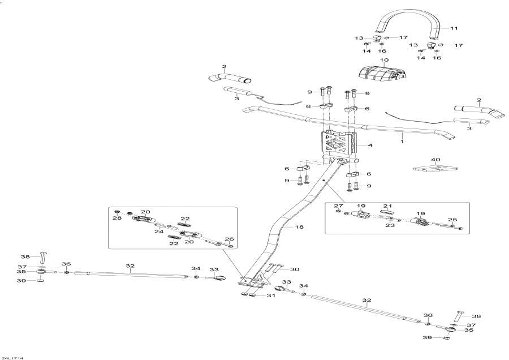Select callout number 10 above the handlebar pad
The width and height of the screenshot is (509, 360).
pos(384,60)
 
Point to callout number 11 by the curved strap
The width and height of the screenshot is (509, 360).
pos(453,27)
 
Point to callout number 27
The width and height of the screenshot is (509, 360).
pos(338,205)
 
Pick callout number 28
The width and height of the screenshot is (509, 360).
pos(117,218)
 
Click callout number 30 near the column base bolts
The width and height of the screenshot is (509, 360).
pos(295,269)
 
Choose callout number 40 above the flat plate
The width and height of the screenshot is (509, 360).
pos(435,160)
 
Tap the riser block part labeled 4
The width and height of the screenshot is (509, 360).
pos(340,145)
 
